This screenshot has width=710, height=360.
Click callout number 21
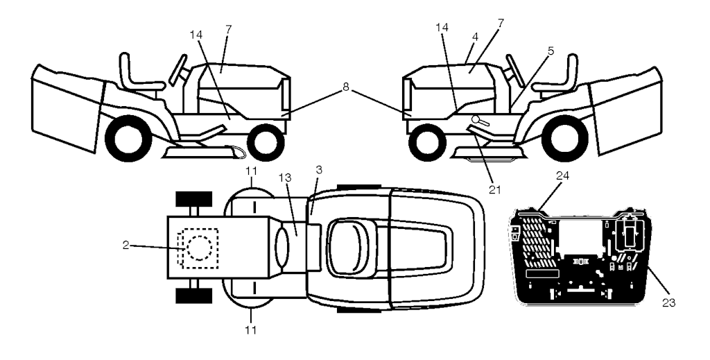point(495,190)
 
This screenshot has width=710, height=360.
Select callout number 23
point(669,303)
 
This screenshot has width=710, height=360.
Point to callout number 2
point(125,245)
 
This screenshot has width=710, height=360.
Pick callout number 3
point(318,170)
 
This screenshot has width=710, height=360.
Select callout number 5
point(550,51)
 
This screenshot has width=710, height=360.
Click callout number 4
point(474,36)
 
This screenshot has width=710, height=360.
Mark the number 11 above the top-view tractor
point(252,171)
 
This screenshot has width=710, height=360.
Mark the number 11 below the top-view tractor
point(251,330)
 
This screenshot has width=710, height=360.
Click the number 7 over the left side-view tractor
point(228,29)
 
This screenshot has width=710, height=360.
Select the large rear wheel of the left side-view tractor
point(128,138)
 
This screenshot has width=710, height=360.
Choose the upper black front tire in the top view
point(194,198)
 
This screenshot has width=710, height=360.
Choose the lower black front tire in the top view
point(194,295)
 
